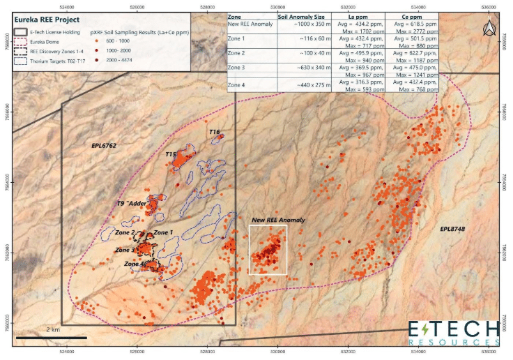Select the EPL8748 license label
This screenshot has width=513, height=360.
click(x=453, y=229)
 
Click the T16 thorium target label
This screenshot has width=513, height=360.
click(x=214, y=132)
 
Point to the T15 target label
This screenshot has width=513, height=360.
click(x=171, y=154)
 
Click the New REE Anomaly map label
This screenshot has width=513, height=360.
click(x=278, y=220)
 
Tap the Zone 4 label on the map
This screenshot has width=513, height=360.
click(x=135, y=264)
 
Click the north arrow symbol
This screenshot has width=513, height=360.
click(x=487, y=28)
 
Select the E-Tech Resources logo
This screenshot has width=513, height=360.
click(x=453, y=333)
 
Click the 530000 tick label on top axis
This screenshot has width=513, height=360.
click(x=278, y=5)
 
